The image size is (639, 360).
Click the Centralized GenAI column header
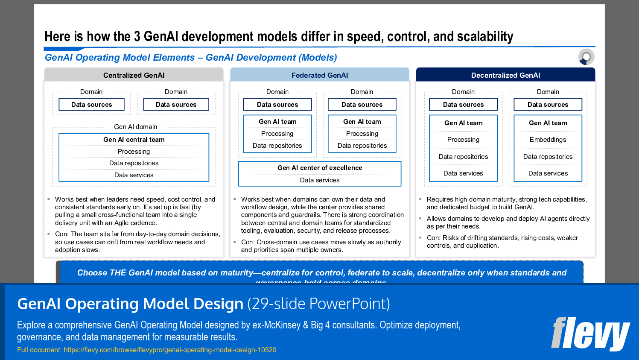[134, 75]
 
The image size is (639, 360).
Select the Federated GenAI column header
[319, 75]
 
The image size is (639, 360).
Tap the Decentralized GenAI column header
[505, 75]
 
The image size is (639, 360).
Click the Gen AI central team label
[134, 140]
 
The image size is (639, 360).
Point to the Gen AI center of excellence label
[320, 168]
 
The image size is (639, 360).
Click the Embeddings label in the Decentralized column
[548, 140]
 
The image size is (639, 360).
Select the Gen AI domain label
[135, 127]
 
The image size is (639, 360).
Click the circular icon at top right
[586, 57]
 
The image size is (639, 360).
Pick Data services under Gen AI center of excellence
[320, 180]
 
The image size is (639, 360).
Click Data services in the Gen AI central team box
[134, 175]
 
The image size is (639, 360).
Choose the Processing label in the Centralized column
[134, 152]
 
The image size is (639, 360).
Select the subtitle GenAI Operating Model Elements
[120, 58]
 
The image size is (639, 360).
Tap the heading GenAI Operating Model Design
[130, 304]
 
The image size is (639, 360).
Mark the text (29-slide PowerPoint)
[318, 304]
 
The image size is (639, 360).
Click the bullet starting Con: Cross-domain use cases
[321, 246]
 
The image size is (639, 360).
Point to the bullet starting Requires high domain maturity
[507, 203]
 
